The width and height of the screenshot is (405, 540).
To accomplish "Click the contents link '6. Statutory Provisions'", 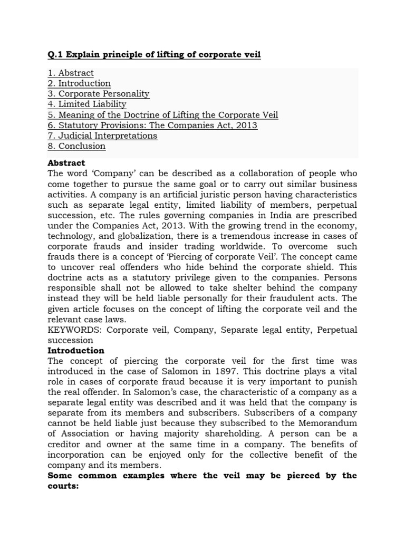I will (152, 126).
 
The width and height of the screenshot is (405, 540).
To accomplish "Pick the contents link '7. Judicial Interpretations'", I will (102, 136).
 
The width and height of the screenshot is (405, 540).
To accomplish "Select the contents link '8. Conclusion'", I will (76, 146).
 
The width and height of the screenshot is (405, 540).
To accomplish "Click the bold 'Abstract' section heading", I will (66, 163).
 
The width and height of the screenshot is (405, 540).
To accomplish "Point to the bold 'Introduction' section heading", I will (76, 351).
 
